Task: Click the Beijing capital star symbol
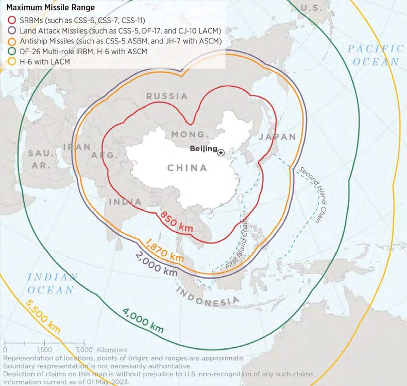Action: click(x=221, y=152)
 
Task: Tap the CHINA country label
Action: click(x=188, y=168)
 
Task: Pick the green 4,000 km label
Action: click(x=143, y=318)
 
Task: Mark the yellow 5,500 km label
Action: click(x=42, y=315)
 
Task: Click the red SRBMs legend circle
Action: click(x=11, y=20)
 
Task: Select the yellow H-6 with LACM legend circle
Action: click(x=11, y=61)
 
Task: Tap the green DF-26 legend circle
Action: click(x=11, y=51)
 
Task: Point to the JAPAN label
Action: click(x=278, y=137)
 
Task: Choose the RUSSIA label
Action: click(x=167, y=96)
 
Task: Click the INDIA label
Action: click(x=126, y=201)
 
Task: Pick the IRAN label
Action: click(x=76, y=148)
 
